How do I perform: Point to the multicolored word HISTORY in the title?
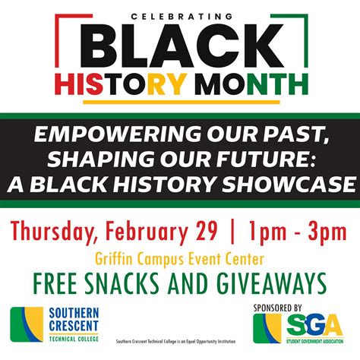click(x=144, y=80)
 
